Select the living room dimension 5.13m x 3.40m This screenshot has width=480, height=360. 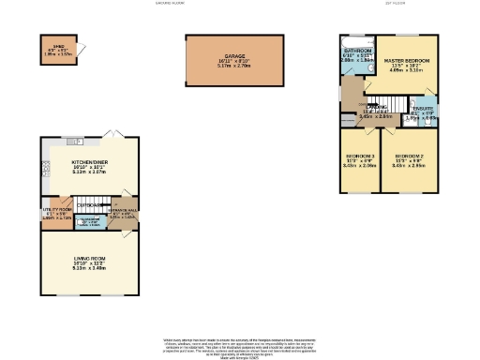[x=90, y=268]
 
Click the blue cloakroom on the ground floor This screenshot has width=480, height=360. [x=90, y=221]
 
